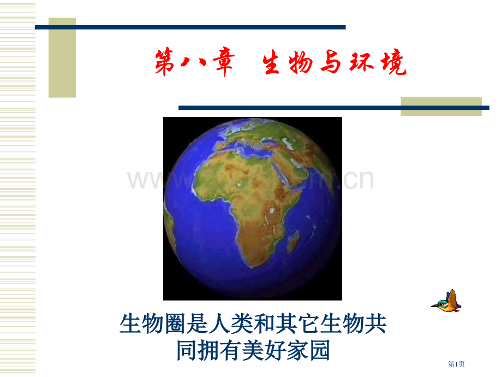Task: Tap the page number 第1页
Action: [x=457, y=364]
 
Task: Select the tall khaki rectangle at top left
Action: [x=62, y=57]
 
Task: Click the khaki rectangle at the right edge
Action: [x=441, y=106]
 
